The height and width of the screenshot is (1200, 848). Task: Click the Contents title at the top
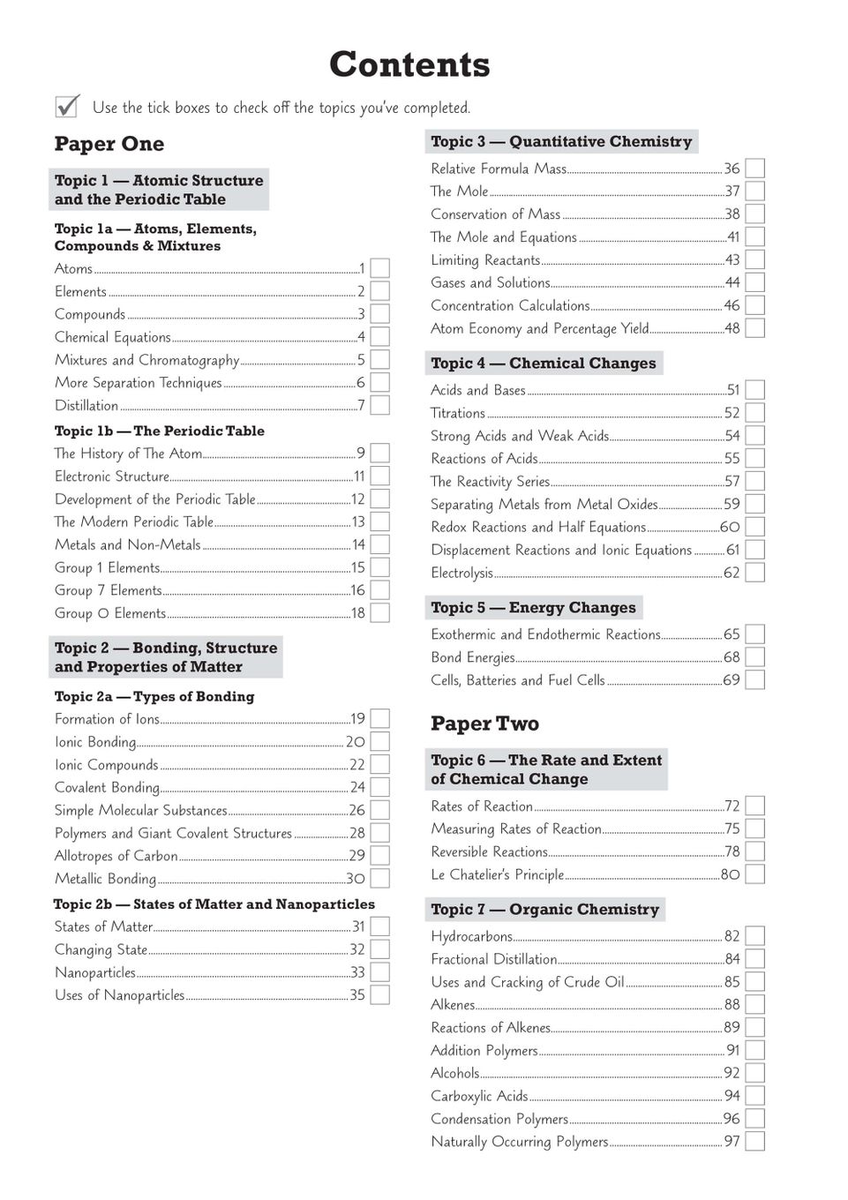(409, 64)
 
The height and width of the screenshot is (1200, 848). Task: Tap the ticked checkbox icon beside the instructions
(67, 106)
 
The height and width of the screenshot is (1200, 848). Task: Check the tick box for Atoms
(379, 268)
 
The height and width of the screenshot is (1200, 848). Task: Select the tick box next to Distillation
(379, 405)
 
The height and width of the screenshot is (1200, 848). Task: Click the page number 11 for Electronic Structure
(359, 476)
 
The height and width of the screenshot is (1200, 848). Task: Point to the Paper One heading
(109, 144)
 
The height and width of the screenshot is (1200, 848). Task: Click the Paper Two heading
(484, 724)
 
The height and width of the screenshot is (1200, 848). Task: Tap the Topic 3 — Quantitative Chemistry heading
(561, 141)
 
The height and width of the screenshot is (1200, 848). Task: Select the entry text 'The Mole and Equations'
(504, 236)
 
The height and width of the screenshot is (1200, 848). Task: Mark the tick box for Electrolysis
(754, 573)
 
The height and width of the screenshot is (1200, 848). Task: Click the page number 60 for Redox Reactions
(730, 527)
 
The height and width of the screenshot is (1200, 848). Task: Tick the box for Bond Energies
(754, 657)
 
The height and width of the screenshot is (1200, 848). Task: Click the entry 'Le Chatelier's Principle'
(497, 874)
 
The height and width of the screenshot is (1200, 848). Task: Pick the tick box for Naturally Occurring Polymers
(754, 1142)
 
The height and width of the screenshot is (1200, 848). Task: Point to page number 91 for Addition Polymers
(732, 1050)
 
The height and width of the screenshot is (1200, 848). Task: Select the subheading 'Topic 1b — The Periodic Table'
(160, 431)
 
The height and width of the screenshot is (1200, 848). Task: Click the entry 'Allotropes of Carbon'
(116, 855)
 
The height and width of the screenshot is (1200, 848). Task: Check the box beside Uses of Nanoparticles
(379, 995)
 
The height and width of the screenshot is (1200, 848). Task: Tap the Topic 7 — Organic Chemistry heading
(544, 909)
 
